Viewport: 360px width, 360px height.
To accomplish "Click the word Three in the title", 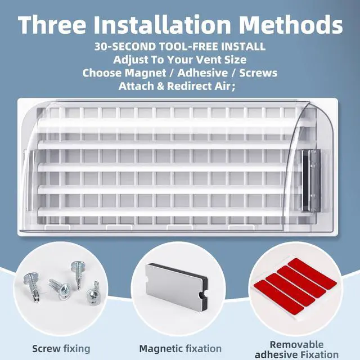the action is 52,25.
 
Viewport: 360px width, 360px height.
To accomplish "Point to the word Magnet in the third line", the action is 145,74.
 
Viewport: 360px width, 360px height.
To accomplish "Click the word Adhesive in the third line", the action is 202,73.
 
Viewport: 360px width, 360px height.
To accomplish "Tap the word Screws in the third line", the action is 258,73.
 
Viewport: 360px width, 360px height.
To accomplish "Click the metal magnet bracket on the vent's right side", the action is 310,181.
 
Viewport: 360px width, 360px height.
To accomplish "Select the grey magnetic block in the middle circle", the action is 177,284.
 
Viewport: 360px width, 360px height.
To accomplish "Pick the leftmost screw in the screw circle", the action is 31,286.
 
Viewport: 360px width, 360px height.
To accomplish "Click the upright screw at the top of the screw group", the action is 78,274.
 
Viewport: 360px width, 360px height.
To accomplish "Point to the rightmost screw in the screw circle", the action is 93,294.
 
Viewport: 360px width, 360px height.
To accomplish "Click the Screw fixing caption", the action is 61,349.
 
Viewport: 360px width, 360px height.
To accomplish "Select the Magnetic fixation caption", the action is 181,349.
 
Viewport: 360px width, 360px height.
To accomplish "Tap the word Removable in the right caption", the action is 296,344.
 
